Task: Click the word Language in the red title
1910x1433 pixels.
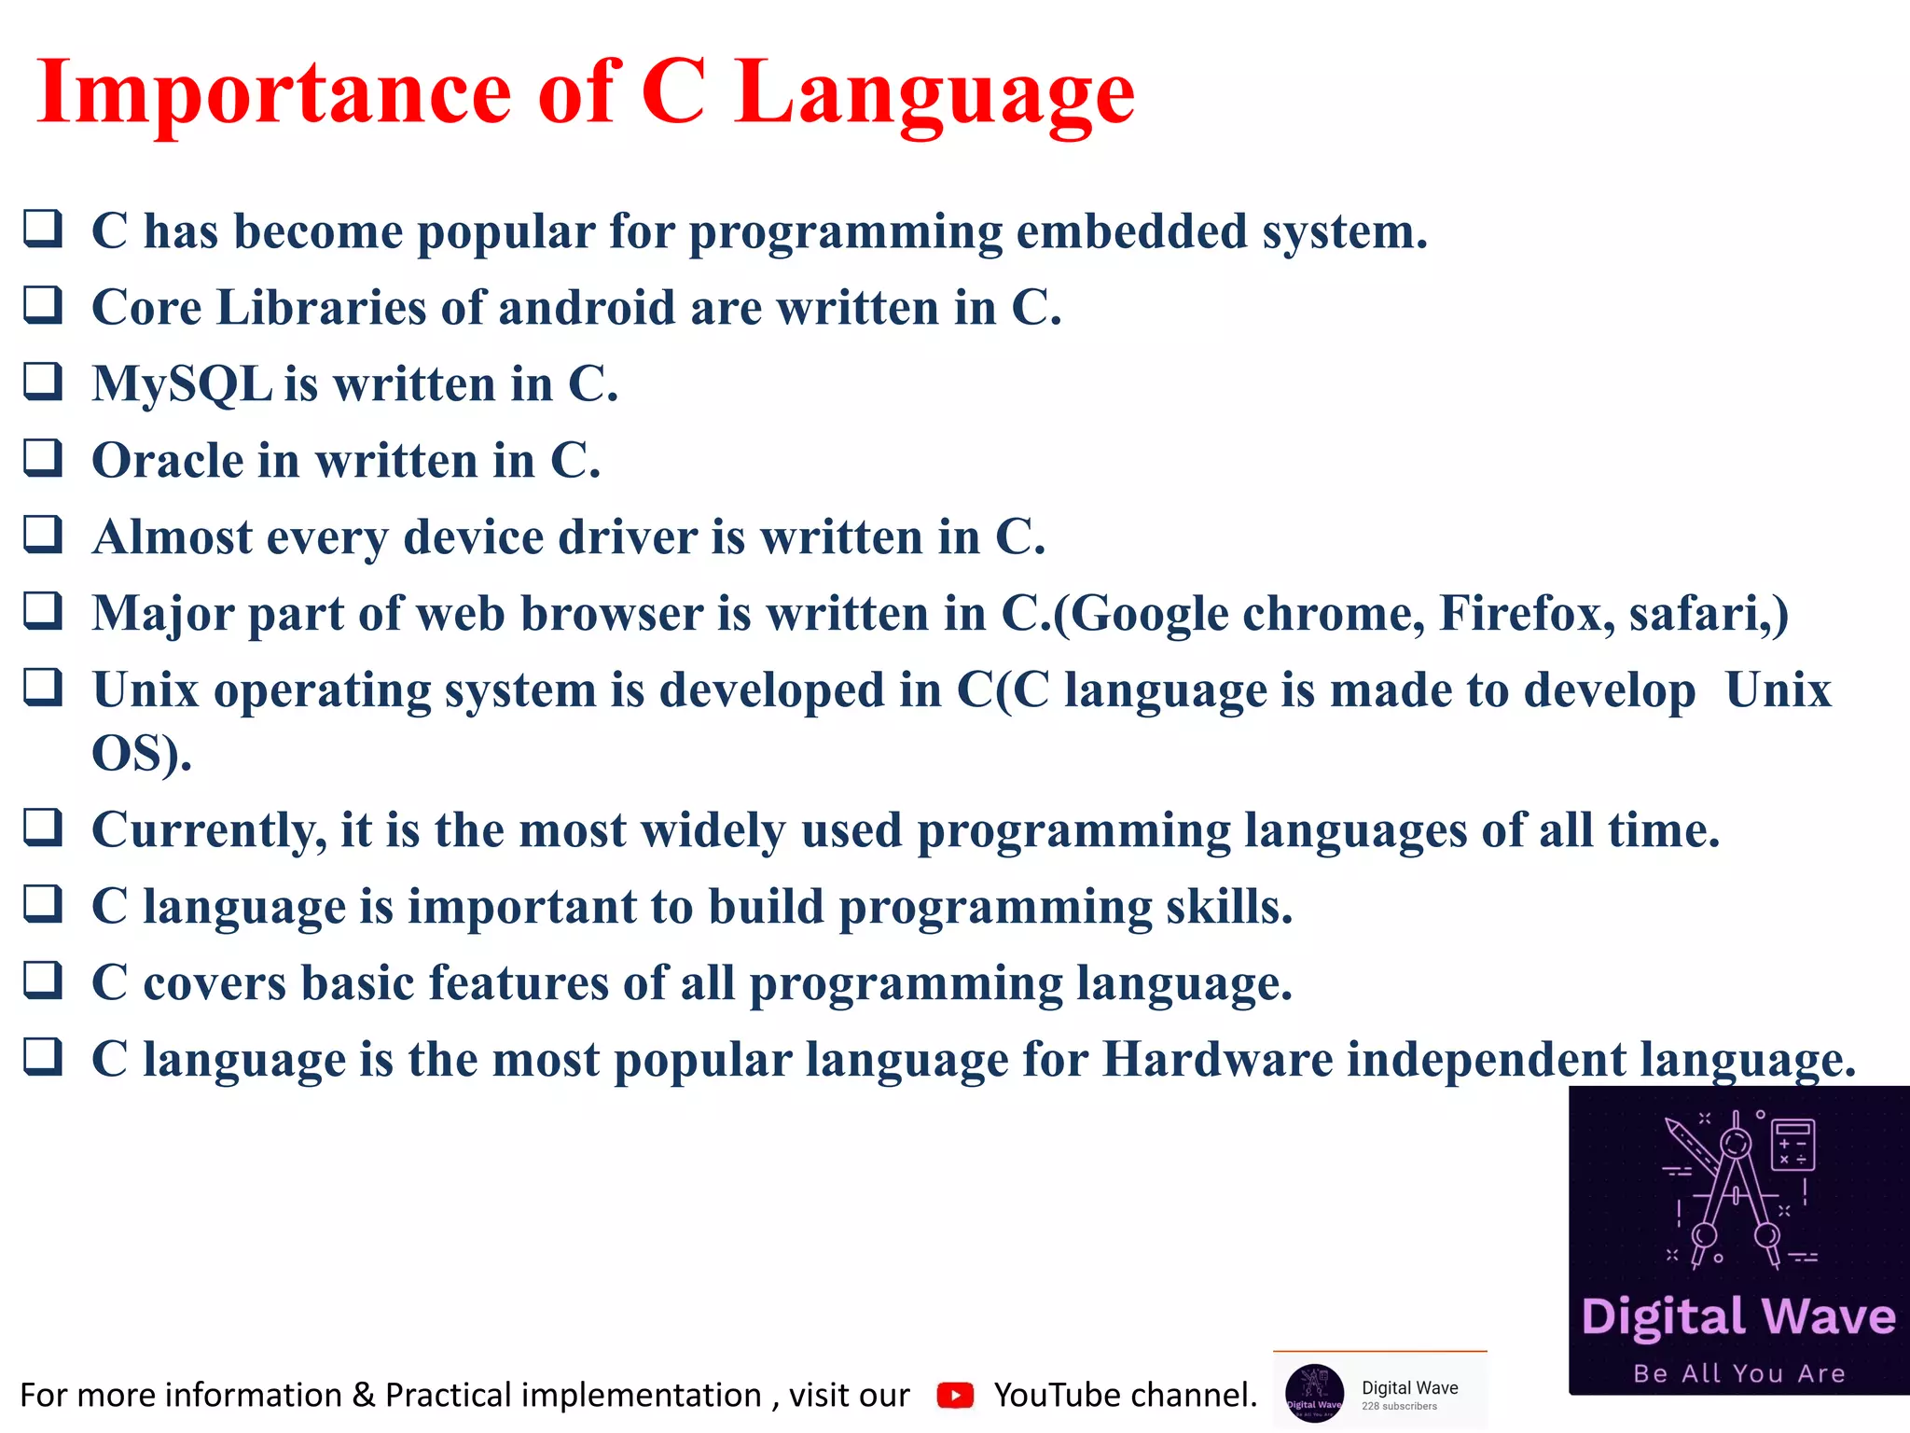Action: [934, 93]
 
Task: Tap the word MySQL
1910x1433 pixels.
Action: [182, 384]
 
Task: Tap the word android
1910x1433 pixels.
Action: [587, 308]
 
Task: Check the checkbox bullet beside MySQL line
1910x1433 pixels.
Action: [43, 382]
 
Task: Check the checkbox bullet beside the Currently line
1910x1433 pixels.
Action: [43, 828]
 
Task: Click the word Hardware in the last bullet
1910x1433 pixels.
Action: [1217, 1060]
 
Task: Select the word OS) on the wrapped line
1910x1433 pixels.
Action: [140, 753]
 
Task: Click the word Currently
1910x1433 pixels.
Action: [209, 830]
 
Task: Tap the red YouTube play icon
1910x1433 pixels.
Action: [955, 1395]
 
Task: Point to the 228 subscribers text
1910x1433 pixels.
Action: [1399, 1406]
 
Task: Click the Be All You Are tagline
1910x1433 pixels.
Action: [1739, 1373]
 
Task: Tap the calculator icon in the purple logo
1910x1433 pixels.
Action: [1792, 1144]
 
